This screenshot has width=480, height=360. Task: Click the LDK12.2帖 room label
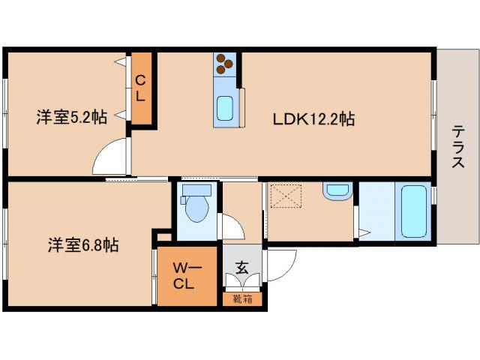coord(313,118)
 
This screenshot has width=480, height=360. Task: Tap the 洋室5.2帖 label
coord(72,117)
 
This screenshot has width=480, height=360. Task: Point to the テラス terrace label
coord(457,147)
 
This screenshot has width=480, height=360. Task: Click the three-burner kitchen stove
coord(224,66)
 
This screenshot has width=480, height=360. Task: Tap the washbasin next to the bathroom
coord(334,190)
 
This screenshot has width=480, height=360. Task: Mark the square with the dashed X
coord(285,198)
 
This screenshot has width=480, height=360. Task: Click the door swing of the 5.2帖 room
coord(109,159)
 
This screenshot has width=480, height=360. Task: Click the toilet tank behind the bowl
coord(196,189)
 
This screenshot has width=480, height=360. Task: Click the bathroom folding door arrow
coord(363,233)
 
